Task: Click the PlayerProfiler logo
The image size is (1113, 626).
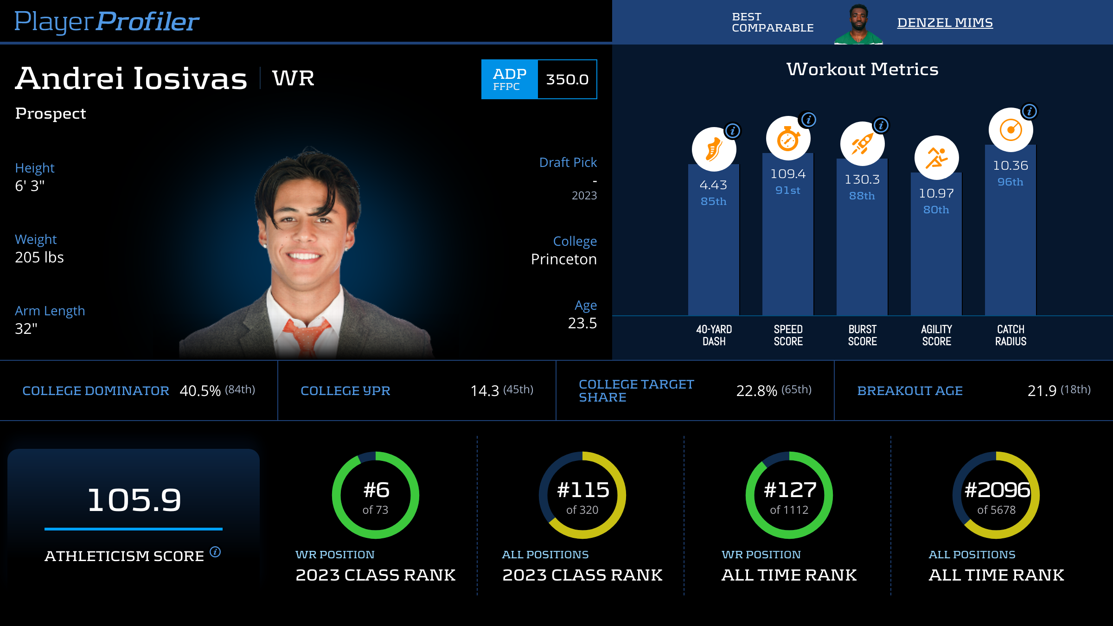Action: point(107,22)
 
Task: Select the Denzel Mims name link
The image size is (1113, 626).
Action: point(945,23)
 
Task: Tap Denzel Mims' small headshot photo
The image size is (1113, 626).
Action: point(858,24)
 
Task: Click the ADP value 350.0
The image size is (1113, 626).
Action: point(567,79)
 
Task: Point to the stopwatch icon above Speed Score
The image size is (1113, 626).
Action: point(788,139)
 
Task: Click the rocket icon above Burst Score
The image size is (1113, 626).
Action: point(862,144)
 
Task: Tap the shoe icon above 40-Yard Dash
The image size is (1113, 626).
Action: point(714,149)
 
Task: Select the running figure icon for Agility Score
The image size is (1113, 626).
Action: point(936,158)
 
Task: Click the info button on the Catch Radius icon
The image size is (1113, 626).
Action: point(1029,112)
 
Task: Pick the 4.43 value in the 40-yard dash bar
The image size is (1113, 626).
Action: point(713,185)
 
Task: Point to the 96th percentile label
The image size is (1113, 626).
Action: point(1010,182)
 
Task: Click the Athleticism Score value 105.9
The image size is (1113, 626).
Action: point(134,500)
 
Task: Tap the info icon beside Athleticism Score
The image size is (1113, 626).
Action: point(215,552)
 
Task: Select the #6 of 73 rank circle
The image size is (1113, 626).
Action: point(376,495)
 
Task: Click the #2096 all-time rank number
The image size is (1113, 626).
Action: point(997,490)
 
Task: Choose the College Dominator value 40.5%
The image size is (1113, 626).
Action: point(200,391)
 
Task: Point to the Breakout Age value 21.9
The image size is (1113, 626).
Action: point(1042,391)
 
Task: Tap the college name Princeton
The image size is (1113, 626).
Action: point(563,259)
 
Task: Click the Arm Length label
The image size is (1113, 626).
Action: point(50,311)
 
